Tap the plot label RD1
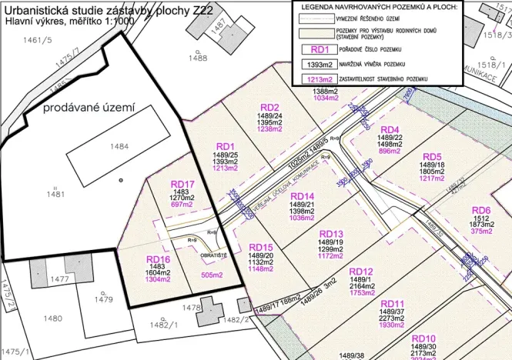coord(226,146)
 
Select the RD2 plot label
coord(269,107)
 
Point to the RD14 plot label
coord(303,196)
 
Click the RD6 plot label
coord(481,210)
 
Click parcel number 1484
coord(119,147)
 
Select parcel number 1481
coord(55,195)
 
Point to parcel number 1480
coord(52,318)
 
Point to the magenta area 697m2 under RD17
coord(182,205)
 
